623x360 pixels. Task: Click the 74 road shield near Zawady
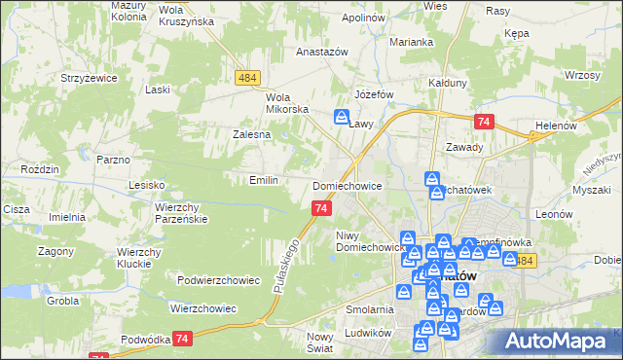click(485, 121)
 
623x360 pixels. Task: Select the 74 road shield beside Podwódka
click(181, 338)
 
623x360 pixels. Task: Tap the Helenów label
click(558, 126)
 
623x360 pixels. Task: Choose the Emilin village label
click(265, 180)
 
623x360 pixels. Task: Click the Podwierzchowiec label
click(219, 280)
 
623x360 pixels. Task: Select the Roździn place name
click(41, 168)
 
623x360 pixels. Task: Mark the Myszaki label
click(591, 190)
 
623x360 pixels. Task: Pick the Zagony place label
click(56, 250)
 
